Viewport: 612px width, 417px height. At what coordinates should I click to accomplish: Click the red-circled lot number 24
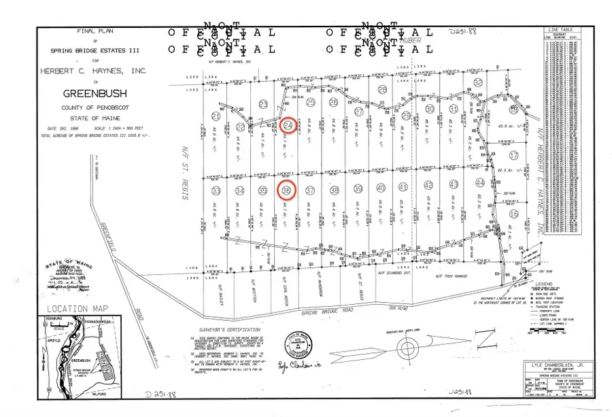(x=288, y=127)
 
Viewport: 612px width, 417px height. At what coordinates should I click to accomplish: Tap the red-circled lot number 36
(x=287, y=190)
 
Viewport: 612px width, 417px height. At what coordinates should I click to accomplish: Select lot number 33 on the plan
(x=217, y=190)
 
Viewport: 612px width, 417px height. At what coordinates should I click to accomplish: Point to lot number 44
(x=480, y=184)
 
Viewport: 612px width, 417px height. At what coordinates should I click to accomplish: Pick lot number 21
(x=217, y=114)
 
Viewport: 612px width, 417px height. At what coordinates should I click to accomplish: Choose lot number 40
(x=381, y=188)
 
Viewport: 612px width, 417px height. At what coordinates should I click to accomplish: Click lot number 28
(x=382, y=90)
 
